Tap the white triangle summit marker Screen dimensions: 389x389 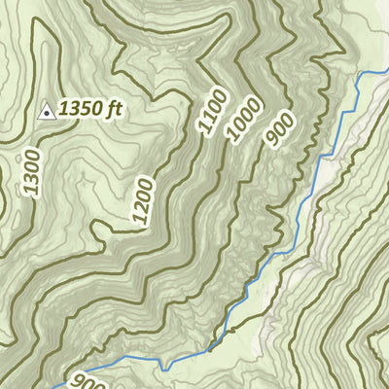click(x=45, y=112)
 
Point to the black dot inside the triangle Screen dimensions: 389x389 click(x=45, y=114)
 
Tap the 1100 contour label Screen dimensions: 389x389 click(x=212, y=109)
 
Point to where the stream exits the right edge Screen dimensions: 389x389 click(x=386, y=73)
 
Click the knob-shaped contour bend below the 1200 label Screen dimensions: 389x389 click(x=100, y=230)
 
